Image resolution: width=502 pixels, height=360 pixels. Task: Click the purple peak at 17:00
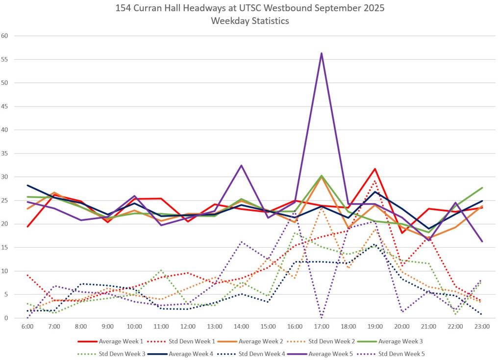click(322, 53)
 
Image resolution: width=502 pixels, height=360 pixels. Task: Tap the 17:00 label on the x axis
click(322, 326)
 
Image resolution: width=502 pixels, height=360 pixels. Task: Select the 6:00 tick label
click(28, 326)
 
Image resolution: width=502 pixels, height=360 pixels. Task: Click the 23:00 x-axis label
click(482, 326)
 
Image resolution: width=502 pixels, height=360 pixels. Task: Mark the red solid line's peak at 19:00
click(375, 169)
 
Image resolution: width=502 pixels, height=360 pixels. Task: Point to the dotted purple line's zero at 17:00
click(322, 317)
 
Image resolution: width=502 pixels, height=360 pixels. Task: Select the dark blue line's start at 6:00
click(28, 185)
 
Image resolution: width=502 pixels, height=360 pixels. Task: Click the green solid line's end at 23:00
click(482, 188)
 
